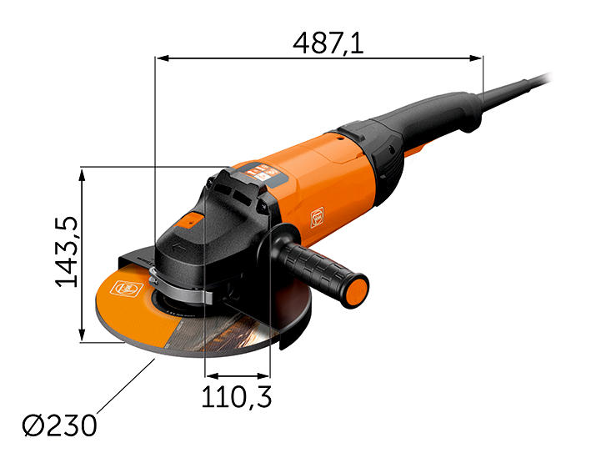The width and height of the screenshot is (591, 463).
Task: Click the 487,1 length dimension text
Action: [328, 43]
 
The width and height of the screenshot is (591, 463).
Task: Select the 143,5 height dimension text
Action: [67, 252]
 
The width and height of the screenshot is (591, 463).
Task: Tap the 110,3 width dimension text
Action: [237, 396]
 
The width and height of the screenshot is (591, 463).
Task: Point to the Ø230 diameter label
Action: [59, 425]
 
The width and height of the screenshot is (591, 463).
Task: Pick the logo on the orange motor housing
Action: [317, 218]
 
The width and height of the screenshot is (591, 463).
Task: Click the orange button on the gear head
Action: [190, 220]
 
